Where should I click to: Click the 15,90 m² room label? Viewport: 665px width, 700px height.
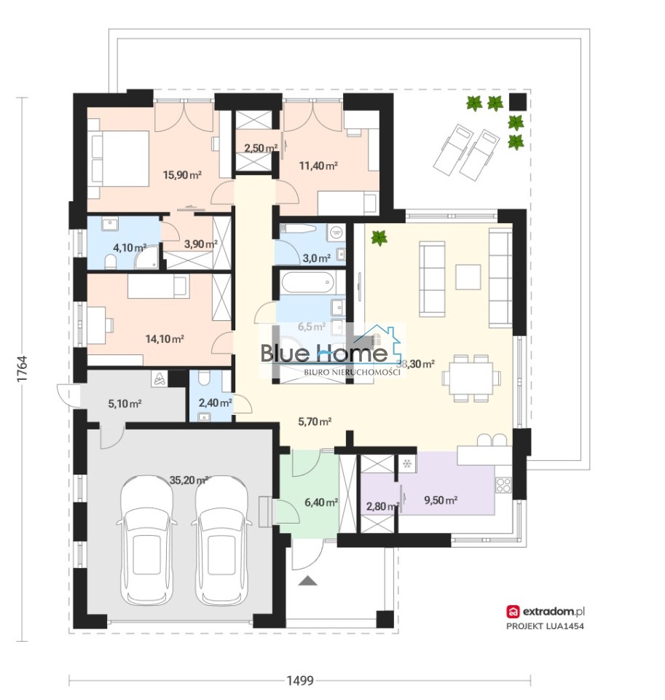click(182, 175)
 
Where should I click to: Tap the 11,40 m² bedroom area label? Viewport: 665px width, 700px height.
click(318, 166)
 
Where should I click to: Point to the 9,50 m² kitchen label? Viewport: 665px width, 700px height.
click(440, 500)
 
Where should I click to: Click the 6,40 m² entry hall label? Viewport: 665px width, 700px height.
click(320, 502)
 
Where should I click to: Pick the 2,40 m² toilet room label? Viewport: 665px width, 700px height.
click(216, 402)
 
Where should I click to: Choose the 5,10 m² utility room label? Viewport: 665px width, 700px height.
click(125, 403)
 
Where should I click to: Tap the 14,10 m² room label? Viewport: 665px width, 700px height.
click(164, 338)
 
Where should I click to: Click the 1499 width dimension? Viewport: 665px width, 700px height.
click(299, 681)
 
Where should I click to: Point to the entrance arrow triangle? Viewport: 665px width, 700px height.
click(309, 581)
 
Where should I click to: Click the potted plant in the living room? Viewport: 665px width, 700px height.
click(379, 237)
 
